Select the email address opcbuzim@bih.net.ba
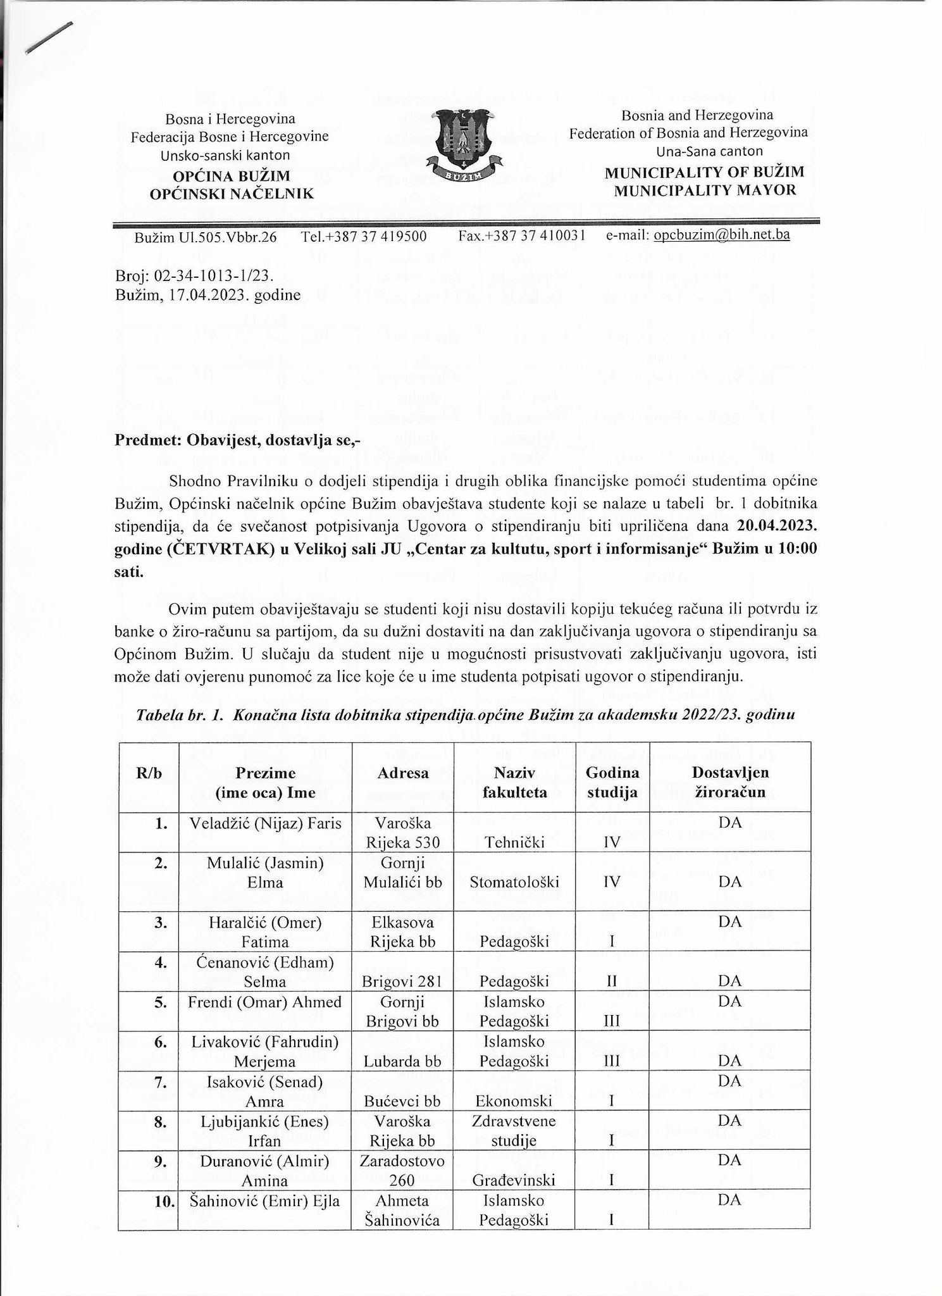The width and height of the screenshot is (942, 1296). click(x=721, y=235)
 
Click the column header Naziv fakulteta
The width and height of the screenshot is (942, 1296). click(x=514, y=782)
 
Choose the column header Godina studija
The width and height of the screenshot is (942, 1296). click(x=612, y=782)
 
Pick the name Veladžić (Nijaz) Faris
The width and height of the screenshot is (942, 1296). click(x=265, y=823)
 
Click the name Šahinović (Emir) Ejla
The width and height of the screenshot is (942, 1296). click(x=265, y=1200)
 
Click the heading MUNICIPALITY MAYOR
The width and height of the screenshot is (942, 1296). click(x=705, y=190)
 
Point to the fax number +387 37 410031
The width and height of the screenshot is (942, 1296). click(x=522, y=236)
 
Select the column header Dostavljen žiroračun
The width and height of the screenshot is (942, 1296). click(x=730, y=782)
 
